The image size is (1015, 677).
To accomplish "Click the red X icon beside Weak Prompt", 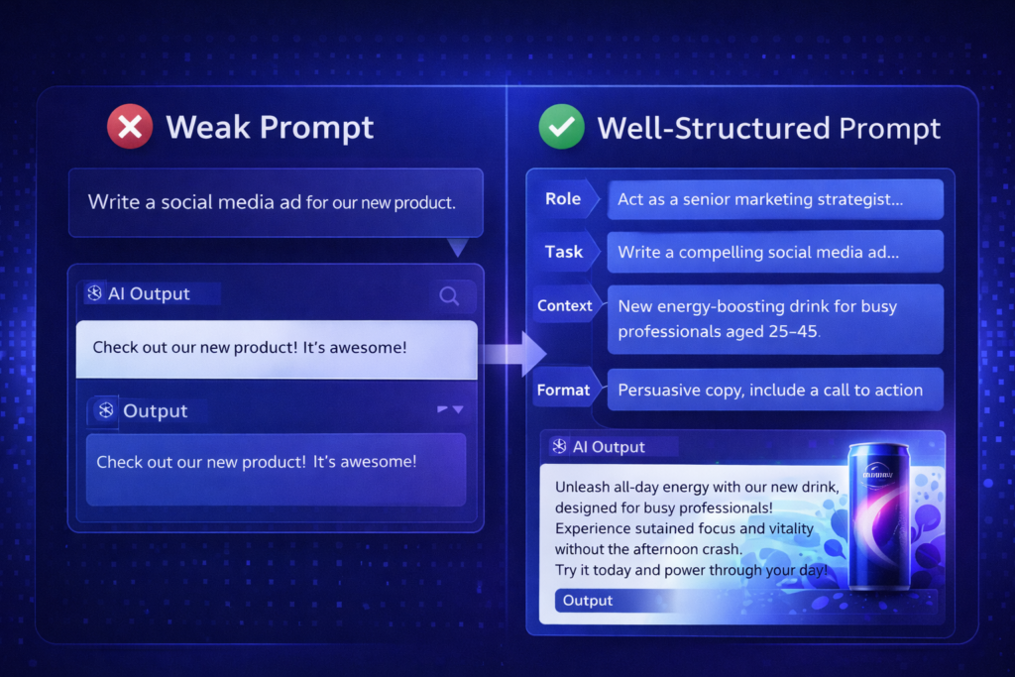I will [130, 127].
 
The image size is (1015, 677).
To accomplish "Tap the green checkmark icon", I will [562, 127].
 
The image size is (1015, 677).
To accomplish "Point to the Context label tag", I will [565, 306].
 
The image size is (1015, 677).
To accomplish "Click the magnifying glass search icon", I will [449, 295].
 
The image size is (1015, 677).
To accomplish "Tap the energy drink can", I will [877, 515].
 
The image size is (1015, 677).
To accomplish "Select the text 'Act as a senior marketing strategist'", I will [759, 199].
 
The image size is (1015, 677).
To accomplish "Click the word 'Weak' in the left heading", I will [203, 127].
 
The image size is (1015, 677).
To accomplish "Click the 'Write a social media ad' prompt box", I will [275, 203].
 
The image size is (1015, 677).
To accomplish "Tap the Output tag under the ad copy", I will [589, 601].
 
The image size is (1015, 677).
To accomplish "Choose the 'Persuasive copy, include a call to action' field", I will [770, 391].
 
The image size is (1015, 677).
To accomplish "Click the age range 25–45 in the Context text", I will [787, 331].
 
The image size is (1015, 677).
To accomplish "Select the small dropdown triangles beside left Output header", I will [450, 409].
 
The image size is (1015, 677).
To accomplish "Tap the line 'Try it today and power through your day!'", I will [691, 570].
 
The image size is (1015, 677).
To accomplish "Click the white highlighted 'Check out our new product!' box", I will [277, 349].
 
